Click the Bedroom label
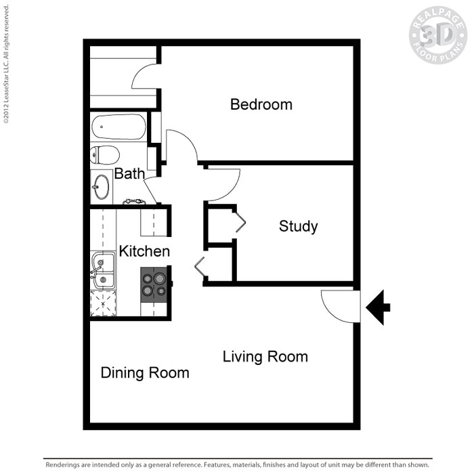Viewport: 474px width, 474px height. (261, 104)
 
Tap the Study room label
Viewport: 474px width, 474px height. (299, 226)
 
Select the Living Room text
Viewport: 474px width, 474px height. (265, 357)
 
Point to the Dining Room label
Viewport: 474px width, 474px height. (145, 372)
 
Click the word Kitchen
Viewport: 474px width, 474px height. (144, 251)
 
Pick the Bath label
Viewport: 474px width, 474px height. (129, 174)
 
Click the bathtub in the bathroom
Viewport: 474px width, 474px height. (118, 127)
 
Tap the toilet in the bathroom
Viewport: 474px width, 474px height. (105, 155)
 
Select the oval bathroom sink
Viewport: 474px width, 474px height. (102, 187)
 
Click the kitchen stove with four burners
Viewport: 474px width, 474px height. (154, 285)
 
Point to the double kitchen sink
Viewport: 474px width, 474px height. (103, 270)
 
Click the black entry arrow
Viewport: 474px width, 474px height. (378, 307)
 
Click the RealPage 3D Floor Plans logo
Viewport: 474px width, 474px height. (437, 35)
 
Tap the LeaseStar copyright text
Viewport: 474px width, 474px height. (6, 64)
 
